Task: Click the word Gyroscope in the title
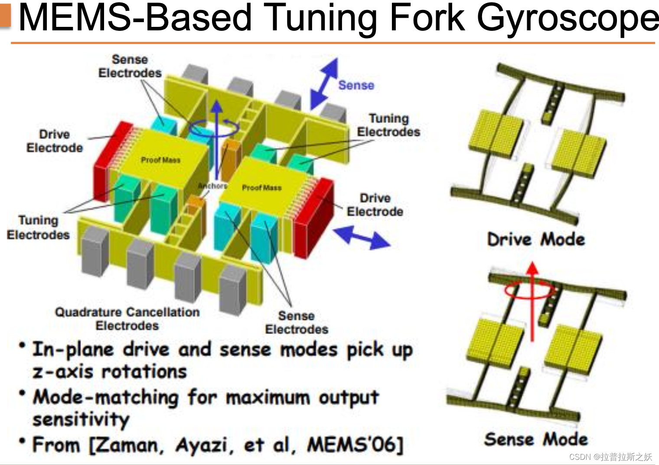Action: [568, 18]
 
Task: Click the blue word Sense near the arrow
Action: [356, 85]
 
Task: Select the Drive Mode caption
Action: [536, 239]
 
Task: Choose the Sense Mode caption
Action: [536, 439]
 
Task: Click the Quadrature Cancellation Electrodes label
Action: [127, 318]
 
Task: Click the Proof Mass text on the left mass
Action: [160, 160]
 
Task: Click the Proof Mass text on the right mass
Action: [261, 187]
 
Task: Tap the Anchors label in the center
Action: [212, 186]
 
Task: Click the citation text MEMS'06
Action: [355, 445]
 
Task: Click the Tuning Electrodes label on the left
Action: [38, 227]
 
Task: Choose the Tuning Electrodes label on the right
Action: [388, 125]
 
